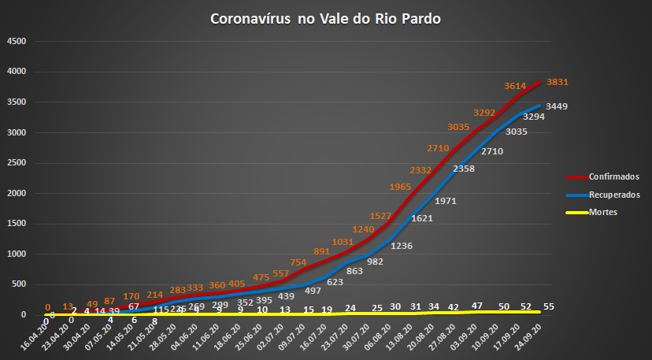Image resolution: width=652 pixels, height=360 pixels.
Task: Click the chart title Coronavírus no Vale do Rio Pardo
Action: coord(325,18)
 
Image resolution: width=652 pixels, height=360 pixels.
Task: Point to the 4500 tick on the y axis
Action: coord(17,42)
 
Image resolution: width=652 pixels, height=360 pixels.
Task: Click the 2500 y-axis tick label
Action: coord(17,163)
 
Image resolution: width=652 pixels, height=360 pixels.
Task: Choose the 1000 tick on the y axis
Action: coord(17,254)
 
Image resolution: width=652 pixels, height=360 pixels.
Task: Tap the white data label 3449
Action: coord(558,106)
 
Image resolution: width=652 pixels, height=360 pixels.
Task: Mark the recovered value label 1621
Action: coord(422,218)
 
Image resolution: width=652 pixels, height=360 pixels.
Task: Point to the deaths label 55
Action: coord(550,306)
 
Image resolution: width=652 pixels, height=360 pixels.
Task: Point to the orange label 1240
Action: coord(364,230)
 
